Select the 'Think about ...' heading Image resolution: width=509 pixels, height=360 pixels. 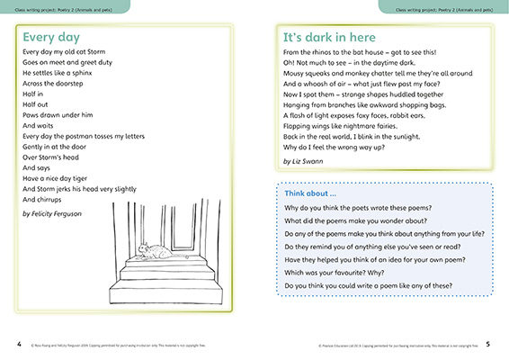point(310,193)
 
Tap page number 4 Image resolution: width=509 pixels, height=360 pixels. point(19,343)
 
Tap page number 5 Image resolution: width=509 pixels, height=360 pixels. point(487,343)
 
